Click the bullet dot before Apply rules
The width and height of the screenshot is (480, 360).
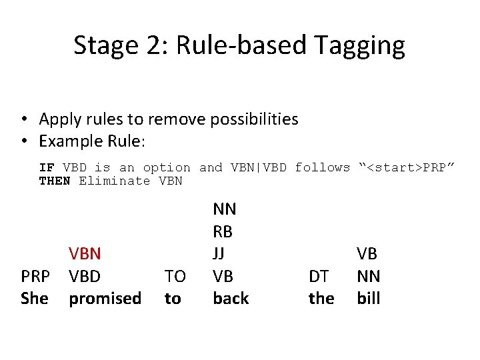23,120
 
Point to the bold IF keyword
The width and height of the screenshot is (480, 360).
47,167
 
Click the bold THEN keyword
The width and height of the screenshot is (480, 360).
55,181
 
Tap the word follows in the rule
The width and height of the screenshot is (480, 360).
322,167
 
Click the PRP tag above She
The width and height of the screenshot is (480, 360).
35,276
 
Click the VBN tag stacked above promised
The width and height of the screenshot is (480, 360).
85,253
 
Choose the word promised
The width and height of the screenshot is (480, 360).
105,299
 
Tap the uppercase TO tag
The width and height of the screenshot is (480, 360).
175,276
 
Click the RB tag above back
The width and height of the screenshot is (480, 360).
223,231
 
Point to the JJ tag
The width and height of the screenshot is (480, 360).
219,253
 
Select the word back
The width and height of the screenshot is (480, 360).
231,299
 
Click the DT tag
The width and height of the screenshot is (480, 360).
319,276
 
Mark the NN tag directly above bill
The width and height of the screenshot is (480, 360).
368,276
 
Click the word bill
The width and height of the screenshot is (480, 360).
368,299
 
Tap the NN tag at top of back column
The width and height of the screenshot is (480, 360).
224,209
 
